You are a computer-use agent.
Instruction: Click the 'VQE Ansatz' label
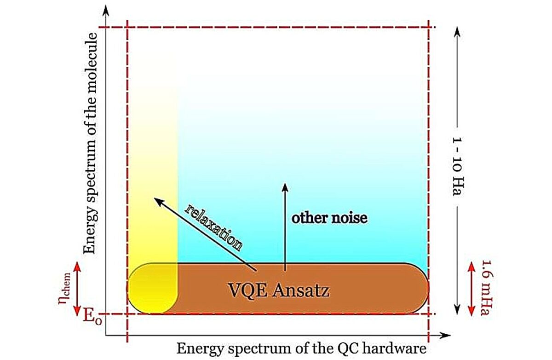[279, 291]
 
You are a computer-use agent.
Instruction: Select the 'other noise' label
[329, 218]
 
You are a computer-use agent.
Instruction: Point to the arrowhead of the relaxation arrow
[158, 202]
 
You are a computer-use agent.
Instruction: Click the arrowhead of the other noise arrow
[285, 187]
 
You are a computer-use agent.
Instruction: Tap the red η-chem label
[64, 288]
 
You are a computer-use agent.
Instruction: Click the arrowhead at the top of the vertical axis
[106, 10]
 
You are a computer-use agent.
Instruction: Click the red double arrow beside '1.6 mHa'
[471, 289]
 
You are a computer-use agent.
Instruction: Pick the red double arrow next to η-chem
[78, 289]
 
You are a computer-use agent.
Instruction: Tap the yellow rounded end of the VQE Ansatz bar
[152, 289]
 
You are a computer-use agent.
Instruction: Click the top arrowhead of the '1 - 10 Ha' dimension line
[457, 32]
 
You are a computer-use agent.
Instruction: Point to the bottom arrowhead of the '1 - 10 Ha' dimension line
[457, 309]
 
